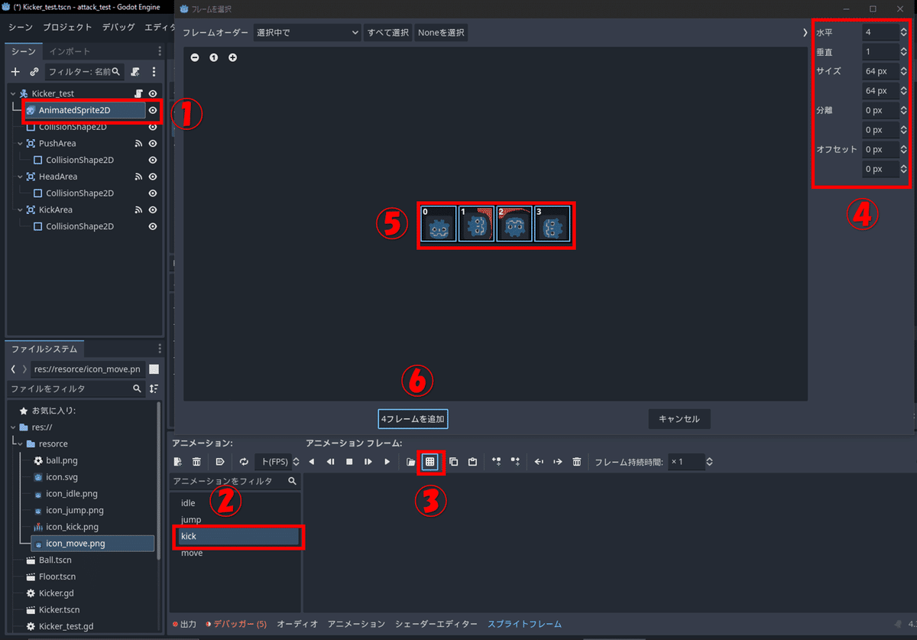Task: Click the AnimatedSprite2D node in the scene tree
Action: (x=74, y=110)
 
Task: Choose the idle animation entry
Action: (x=188, y=503)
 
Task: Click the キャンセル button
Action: (x=679, y=419)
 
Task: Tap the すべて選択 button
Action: (x=388, y=33)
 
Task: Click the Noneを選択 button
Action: (x=441, y=33)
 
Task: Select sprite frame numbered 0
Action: (x=438, y=223)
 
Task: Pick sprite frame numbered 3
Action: (x=552, y=223)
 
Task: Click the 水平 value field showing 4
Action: (x=879, y=32)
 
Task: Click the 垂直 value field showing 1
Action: (x=879, y=52)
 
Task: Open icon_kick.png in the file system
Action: (x=72, y=527)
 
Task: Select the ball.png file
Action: (x=62, y=460)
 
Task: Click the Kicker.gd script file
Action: (x=57, y=593)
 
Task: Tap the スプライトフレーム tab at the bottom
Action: (x=524, y=624)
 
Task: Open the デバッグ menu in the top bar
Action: (x=118, y=27)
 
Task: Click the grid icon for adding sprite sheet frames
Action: (x=430, y=462)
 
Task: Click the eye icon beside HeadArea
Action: (x=153, y=177)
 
